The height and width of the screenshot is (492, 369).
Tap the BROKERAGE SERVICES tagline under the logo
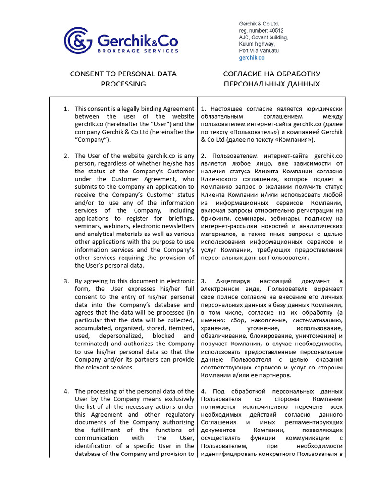[138, 50]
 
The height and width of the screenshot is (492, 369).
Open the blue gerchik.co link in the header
[252, 58]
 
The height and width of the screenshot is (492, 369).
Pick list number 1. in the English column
[67, 109]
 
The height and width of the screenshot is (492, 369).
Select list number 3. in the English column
[67, 281]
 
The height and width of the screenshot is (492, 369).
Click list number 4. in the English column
[67, 391]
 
